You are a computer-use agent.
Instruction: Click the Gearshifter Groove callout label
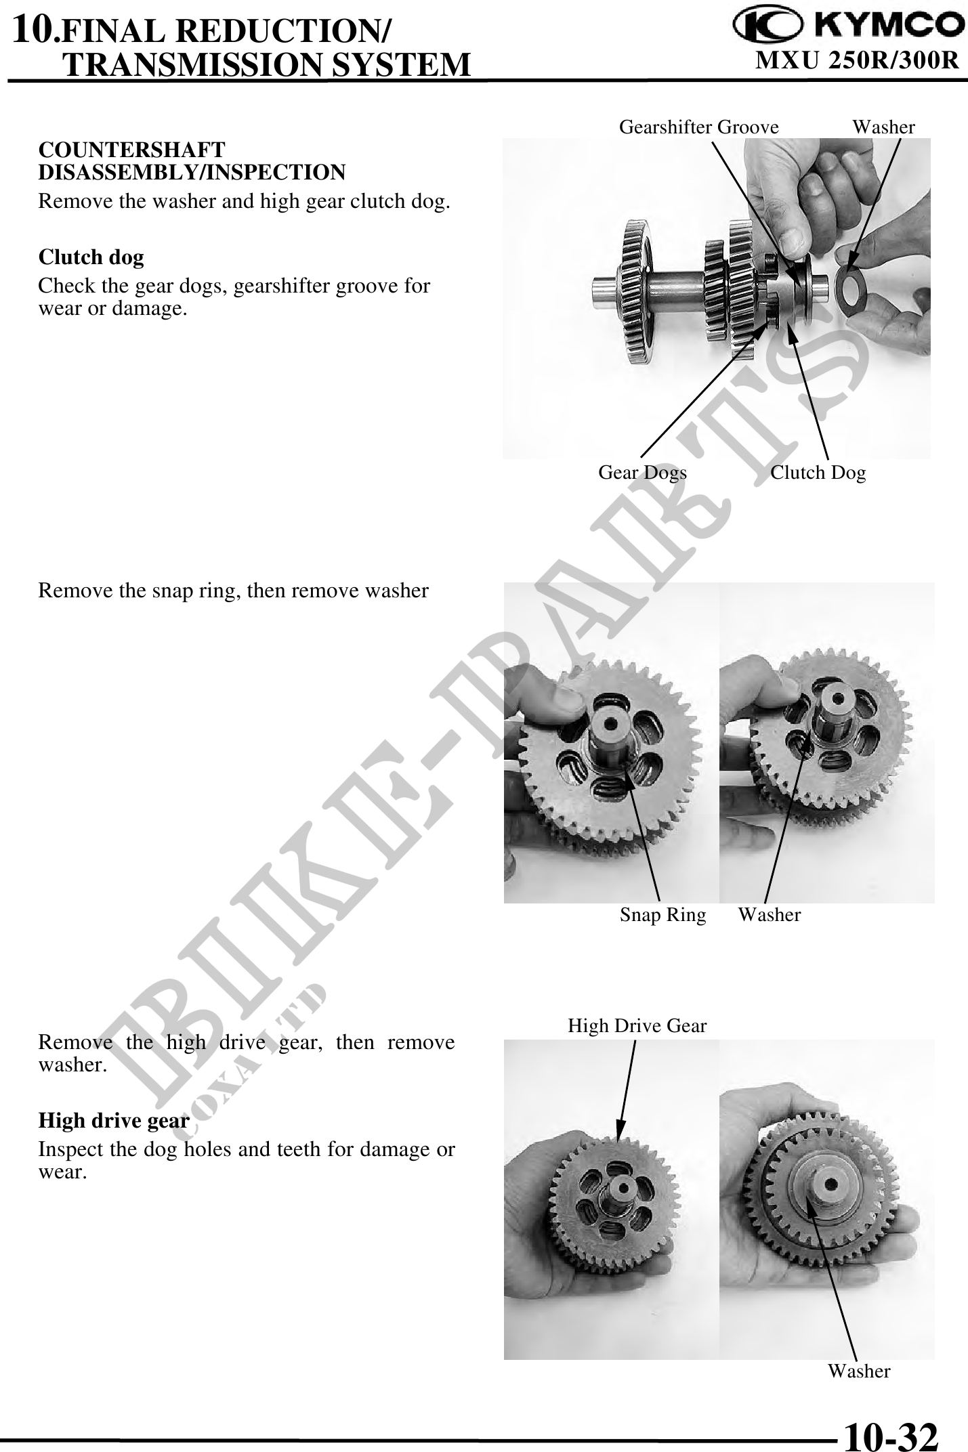coord(699,127)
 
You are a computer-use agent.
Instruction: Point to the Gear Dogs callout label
coord(642,472)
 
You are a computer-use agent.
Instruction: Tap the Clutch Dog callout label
coord(818,472)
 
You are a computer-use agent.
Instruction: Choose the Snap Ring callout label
coord(662,915)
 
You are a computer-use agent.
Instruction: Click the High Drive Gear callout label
coord(637,1026)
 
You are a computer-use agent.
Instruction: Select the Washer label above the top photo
coord(883,127)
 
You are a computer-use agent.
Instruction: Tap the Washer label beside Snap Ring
coord(770,915)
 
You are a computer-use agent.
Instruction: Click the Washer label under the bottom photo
coord(859,1371)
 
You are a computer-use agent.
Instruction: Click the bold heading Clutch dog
coord(91,257)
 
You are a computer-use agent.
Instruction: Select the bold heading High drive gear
coord(114,1121)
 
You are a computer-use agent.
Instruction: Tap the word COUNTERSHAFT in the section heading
coord(132,150)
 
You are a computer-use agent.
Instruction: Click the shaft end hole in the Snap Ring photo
coord(612,723)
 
